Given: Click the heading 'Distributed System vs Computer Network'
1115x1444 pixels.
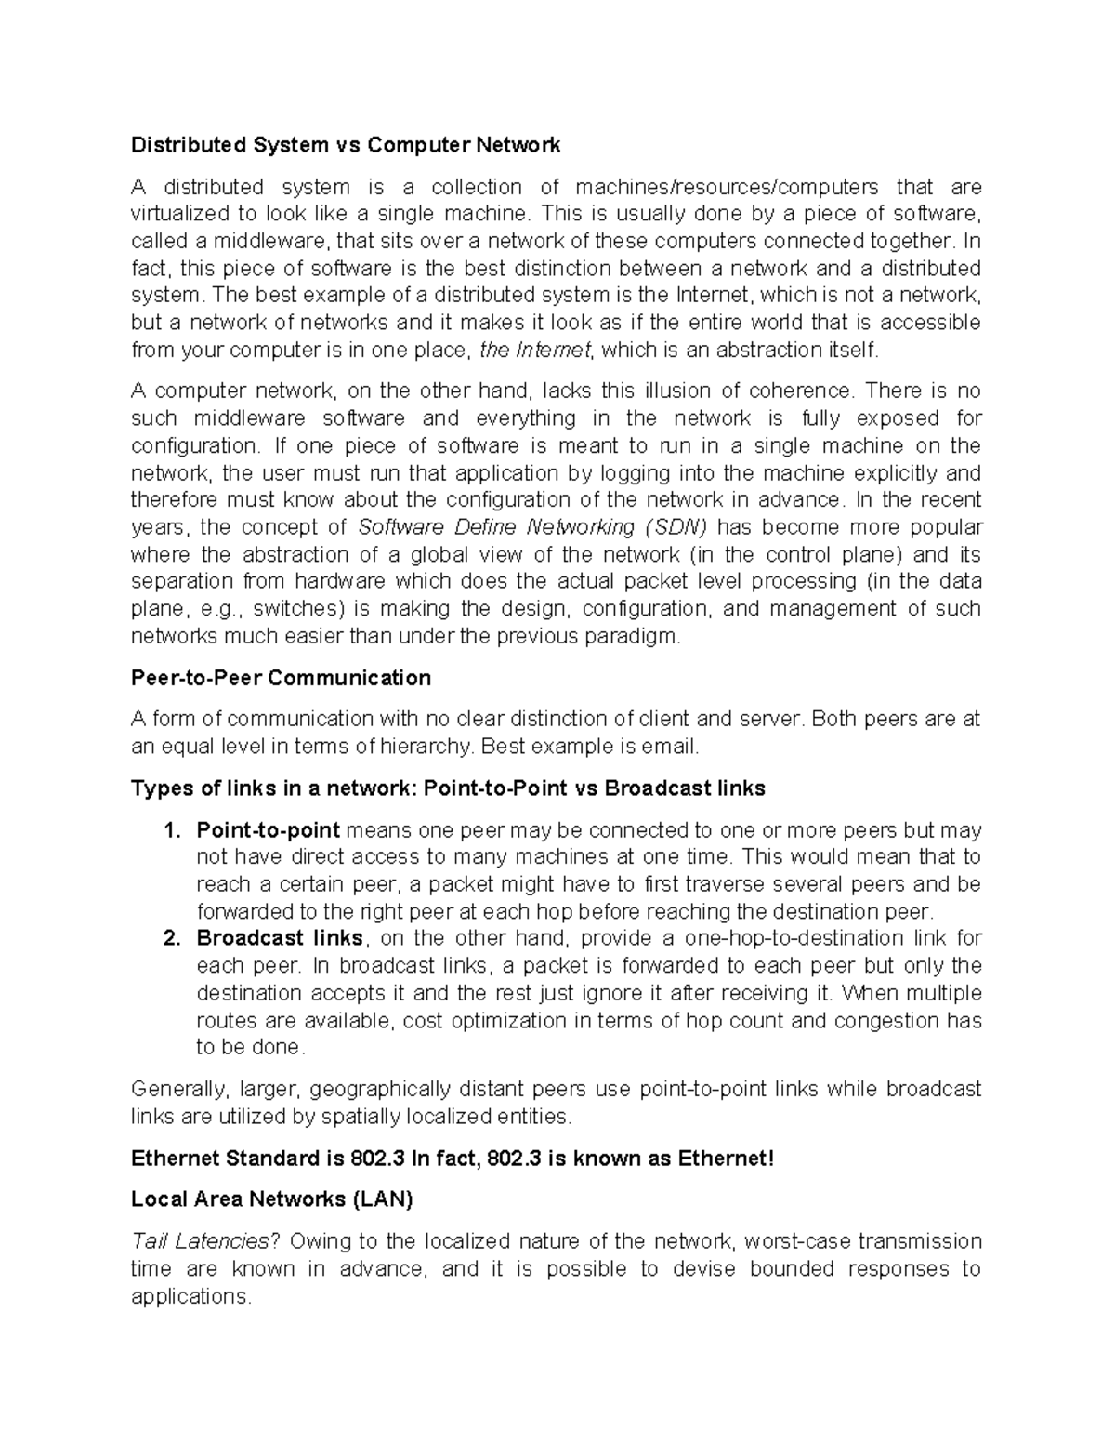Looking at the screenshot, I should click(346, 145).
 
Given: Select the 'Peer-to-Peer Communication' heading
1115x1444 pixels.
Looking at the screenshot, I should click(281, 678).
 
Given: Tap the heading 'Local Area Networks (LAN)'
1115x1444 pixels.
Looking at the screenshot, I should click(271, 1199).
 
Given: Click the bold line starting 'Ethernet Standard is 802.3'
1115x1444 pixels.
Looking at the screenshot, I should click(452, 1159).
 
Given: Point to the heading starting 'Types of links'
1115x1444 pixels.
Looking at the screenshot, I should click(448, 788).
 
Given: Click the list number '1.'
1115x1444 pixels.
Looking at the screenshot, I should click(171, 829).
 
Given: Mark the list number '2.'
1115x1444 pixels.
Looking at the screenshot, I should click(171, 938).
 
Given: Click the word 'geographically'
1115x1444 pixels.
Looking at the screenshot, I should click(380, 1089).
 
